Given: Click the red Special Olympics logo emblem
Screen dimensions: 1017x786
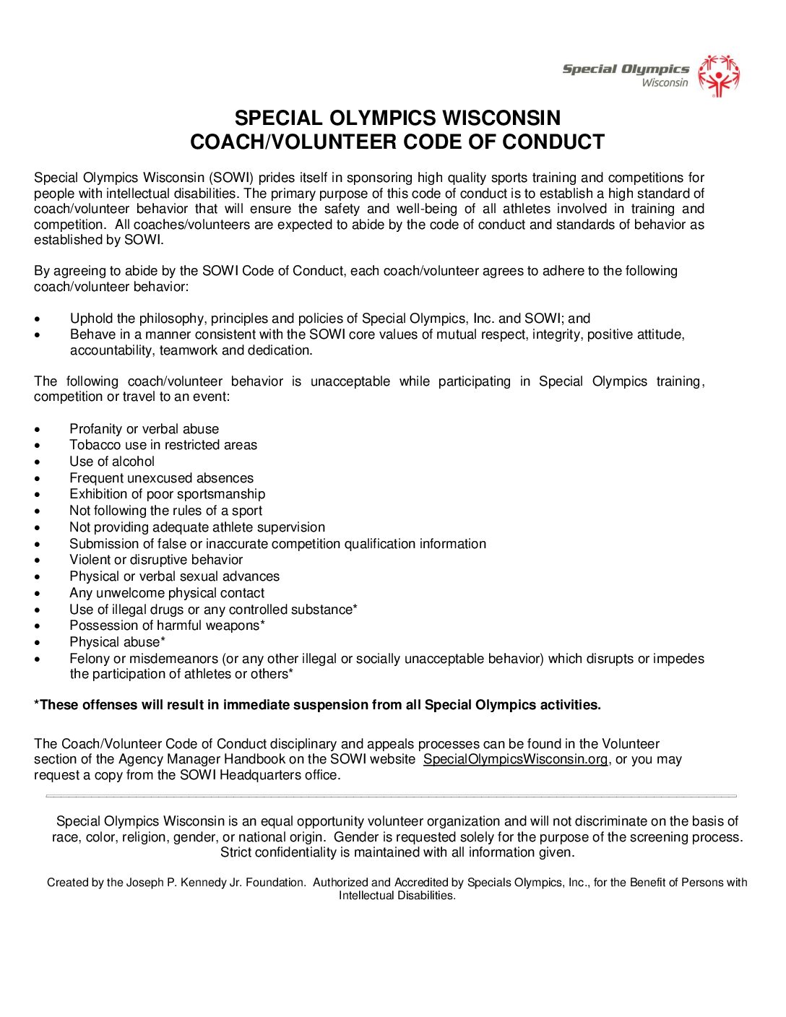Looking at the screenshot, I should tap(719, 75).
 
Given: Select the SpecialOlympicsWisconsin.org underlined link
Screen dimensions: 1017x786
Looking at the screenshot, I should tap(515, 759).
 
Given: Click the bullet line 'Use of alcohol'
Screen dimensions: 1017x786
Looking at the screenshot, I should tap(112, 462).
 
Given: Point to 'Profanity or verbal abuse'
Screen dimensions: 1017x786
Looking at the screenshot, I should tap(144, 429).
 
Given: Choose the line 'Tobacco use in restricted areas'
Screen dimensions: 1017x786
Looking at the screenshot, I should tap(163, 445).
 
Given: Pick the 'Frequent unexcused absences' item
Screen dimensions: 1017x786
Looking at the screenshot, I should tap(161, 478).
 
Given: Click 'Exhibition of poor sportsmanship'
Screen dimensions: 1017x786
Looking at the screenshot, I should tap(167, 494).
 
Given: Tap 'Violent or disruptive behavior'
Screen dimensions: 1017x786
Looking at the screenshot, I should tap(156, 560).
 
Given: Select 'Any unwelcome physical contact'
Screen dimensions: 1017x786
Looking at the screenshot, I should tap(167, 593).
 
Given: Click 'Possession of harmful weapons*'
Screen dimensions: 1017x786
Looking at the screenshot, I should tap(167, 626).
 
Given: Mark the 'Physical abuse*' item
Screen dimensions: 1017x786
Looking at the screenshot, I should tap(117, 642).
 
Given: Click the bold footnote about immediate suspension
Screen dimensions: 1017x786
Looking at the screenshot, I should tap(317, 705).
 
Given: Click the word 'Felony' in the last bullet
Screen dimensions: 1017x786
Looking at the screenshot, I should tap(90, 659).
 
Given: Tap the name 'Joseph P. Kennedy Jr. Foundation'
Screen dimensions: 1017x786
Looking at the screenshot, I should tap(216, 882).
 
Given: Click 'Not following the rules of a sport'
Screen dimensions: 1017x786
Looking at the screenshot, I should tap(165, 511).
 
